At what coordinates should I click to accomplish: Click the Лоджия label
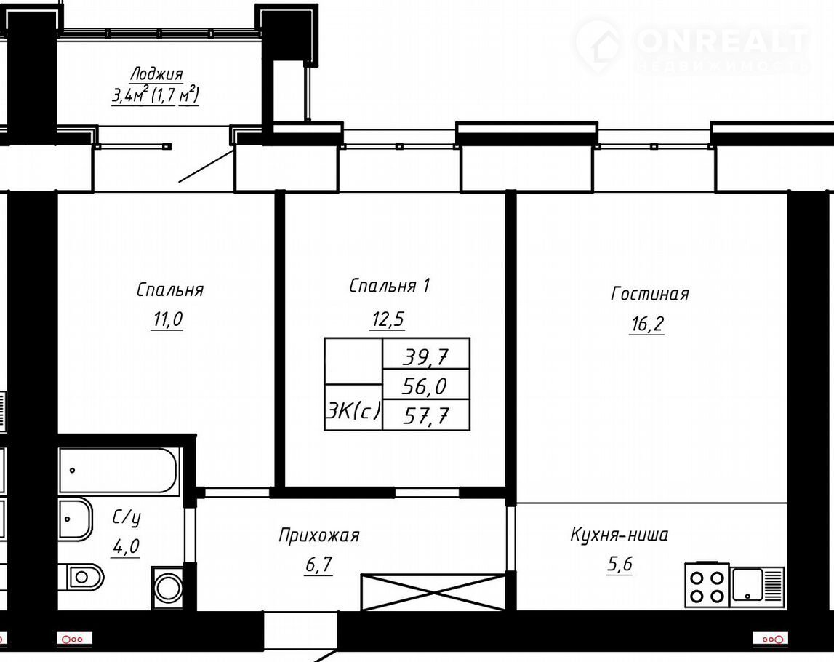[x=157, y=73]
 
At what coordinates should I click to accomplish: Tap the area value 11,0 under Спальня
[x=167, y=320]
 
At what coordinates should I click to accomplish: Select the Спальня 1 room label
[x=389, y=286]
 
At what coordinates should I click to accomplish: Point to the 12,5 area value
[x=388, y=320]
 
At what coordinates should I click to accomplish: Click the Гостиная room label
[x=649, y=294]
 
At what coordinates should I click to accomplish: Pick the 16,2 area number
[x=647, y=324]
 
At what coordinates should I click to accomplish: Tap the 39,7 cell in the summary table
[x=426, y=356]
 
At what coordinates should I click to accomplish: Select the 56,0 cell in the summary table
[x=426, y=385]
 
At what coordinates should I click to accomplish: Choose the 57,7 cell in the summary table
[x=426, y=415]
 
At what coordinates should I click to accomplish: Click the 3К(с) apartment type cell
[x=353, y=407]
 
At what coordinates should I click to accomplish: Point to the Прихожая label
[x=318, y=535]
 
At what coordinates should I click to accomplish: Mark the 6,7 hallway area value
[x=319, y=564]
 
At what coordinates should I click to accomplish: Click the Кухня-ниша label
[x=619, y=534]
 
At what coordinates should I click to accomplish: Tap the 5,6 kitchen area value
[x=620, y=564]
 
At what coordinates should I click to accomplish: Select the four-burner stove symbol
[x=707, y=586]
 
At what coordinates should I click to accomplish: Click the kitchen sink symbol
[x=758, y=585]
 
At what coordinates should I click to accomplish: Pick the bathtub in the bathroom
[x=118, y=471]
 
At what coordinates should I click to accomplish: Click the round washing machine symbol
[x=168, y=588]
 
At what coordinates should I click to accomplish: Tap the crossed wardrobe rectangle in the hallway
[x=433, y=592]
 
